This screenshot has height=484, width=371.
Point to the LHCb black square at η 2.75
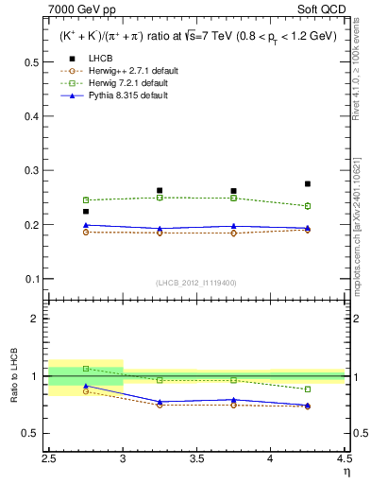[86, 212]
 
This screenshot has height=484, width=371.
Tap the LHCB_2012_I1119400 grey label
[196, 284]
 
